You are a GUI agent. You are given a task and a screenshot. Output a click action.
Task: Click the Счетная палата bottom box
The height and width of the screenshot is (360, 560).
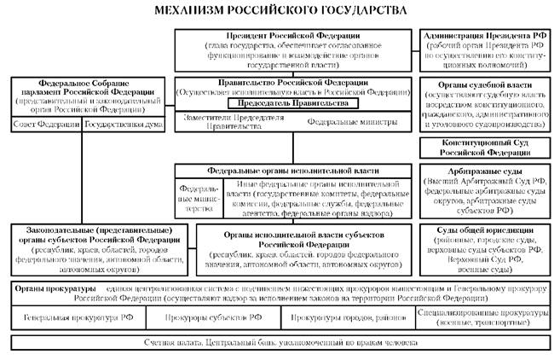280,341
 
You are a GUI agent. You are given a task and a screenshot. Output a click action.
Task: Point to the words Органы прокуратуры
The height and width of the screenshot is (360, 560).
49,290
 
